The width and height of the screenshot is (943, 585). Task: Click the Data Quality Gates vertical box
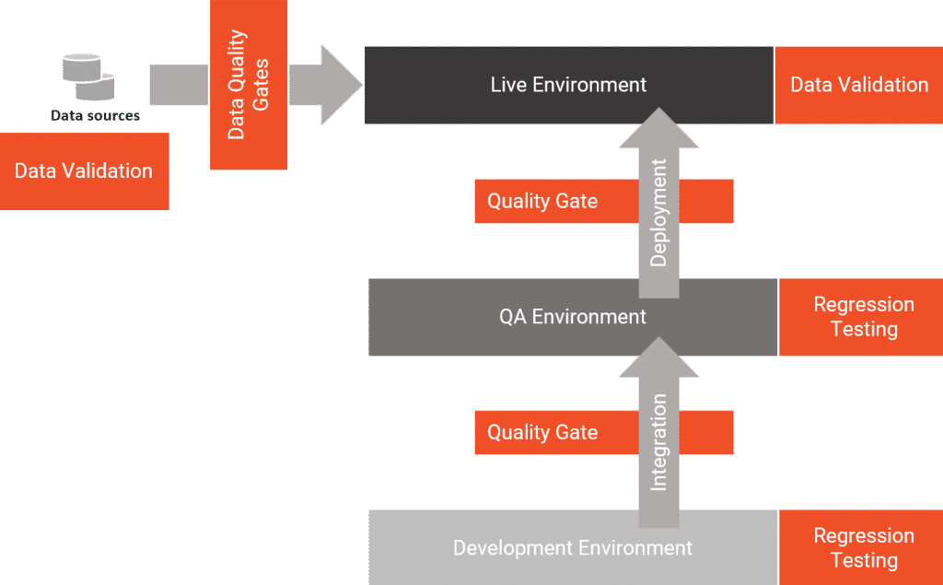click(x=248, y=85)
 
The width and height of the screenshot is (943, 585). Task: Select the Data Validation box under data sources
click(x=84, y=171)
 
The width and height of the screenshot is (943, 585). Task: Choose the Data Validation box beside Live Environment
click(x=858, y=85)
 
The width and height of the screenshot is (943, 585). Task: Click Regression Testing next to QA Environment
click(x=863, y=317)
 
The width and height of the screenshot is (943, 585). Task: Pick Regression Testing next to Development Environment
click(x=863, y=548)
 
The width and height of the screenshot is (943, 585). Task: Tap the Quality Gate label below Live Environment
click(x=542, y=201)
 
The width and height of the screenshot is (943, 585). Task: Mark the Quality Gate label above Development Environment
click(x=542, y=432)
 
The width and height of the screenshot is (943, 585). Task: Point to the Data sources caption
click(x=95, y=116)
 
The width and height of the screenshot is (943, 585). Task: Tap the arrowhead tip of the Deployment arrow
click(x=658, y=113)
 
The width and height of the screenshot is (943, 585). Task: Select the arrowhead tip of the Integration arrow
click(x=658, y=343)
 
